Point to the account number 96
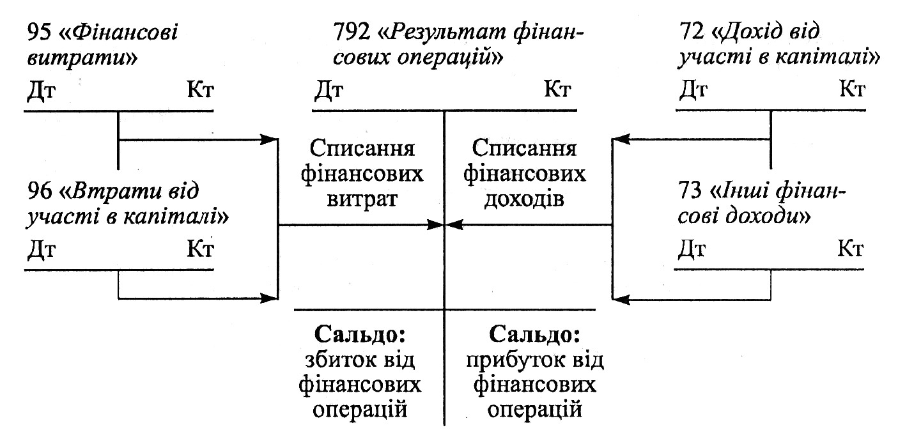tap(39, 190)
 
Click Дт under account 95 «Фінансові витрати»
tap(41, 91)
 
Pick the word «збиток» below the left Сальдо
tap(343, 361)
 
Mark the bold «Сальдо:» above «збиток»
tap(361, 335)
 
